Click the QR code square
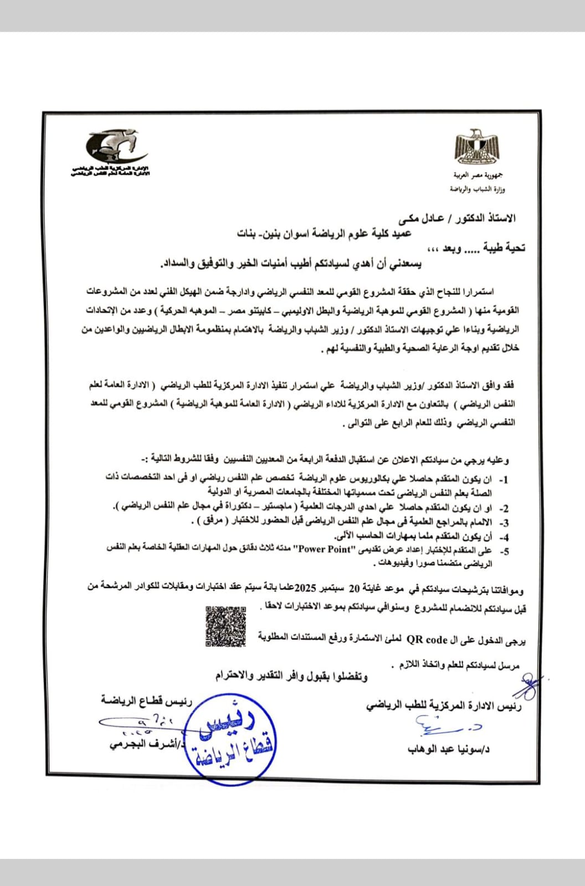pyautogui.click(x=226, y=626)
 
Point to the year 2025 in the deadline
pyautogui.click(x=305, y=587)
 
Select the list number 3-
pyautogui.click(x=504, y=522)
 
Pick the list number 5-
pyautogui.click(x=504, y=551)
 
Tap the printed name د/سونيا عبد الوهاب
pyautogui.click(x=448, y=749)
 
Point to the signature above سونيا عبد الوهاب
pyautogui.click(x=449, y=724)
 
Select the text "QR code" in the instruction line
pyautogui.click(x=427, y=640)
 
